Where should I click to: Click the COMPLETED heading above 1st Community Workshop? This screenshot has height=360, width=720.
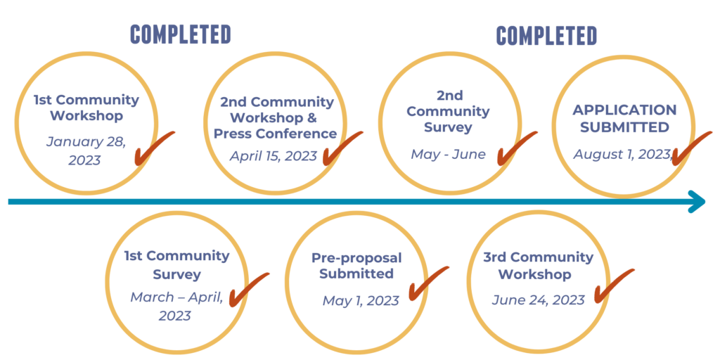click(181, 34)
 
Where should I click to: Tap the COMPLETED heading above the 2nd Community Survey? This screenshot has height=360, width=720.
click(546, 35)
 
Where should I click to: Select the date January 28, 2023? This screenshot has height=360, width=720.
click(85, 150)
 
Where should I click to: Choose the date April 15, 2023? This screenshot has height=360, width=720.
click(274, 155)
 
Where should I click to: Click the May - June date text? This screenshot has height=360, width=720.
click(448, 154)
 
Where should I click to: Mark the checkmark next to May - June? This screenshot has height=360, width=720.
click(517, 148)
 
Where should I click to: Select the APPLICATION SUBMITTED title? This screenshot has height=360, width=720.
click(624, 118)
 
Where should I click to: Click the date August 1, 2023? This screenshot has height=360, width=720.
click(623, 154)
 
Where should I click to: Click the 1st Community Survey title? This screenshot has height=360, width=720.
click(176, 265)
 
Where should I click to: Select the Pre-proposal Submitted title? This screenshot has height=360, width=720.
click(356, 265)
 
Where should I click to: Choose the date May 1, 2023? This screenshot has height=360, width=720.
click(361, 301)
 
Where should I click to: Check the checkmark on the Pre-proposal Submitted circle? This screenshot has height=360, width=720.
click(428, 283)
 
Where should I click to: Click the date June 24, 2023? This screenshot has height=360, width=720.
click(539, 300)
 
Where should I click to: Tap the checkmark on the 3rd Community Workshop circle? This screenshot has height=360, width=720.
click(615, 285)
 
